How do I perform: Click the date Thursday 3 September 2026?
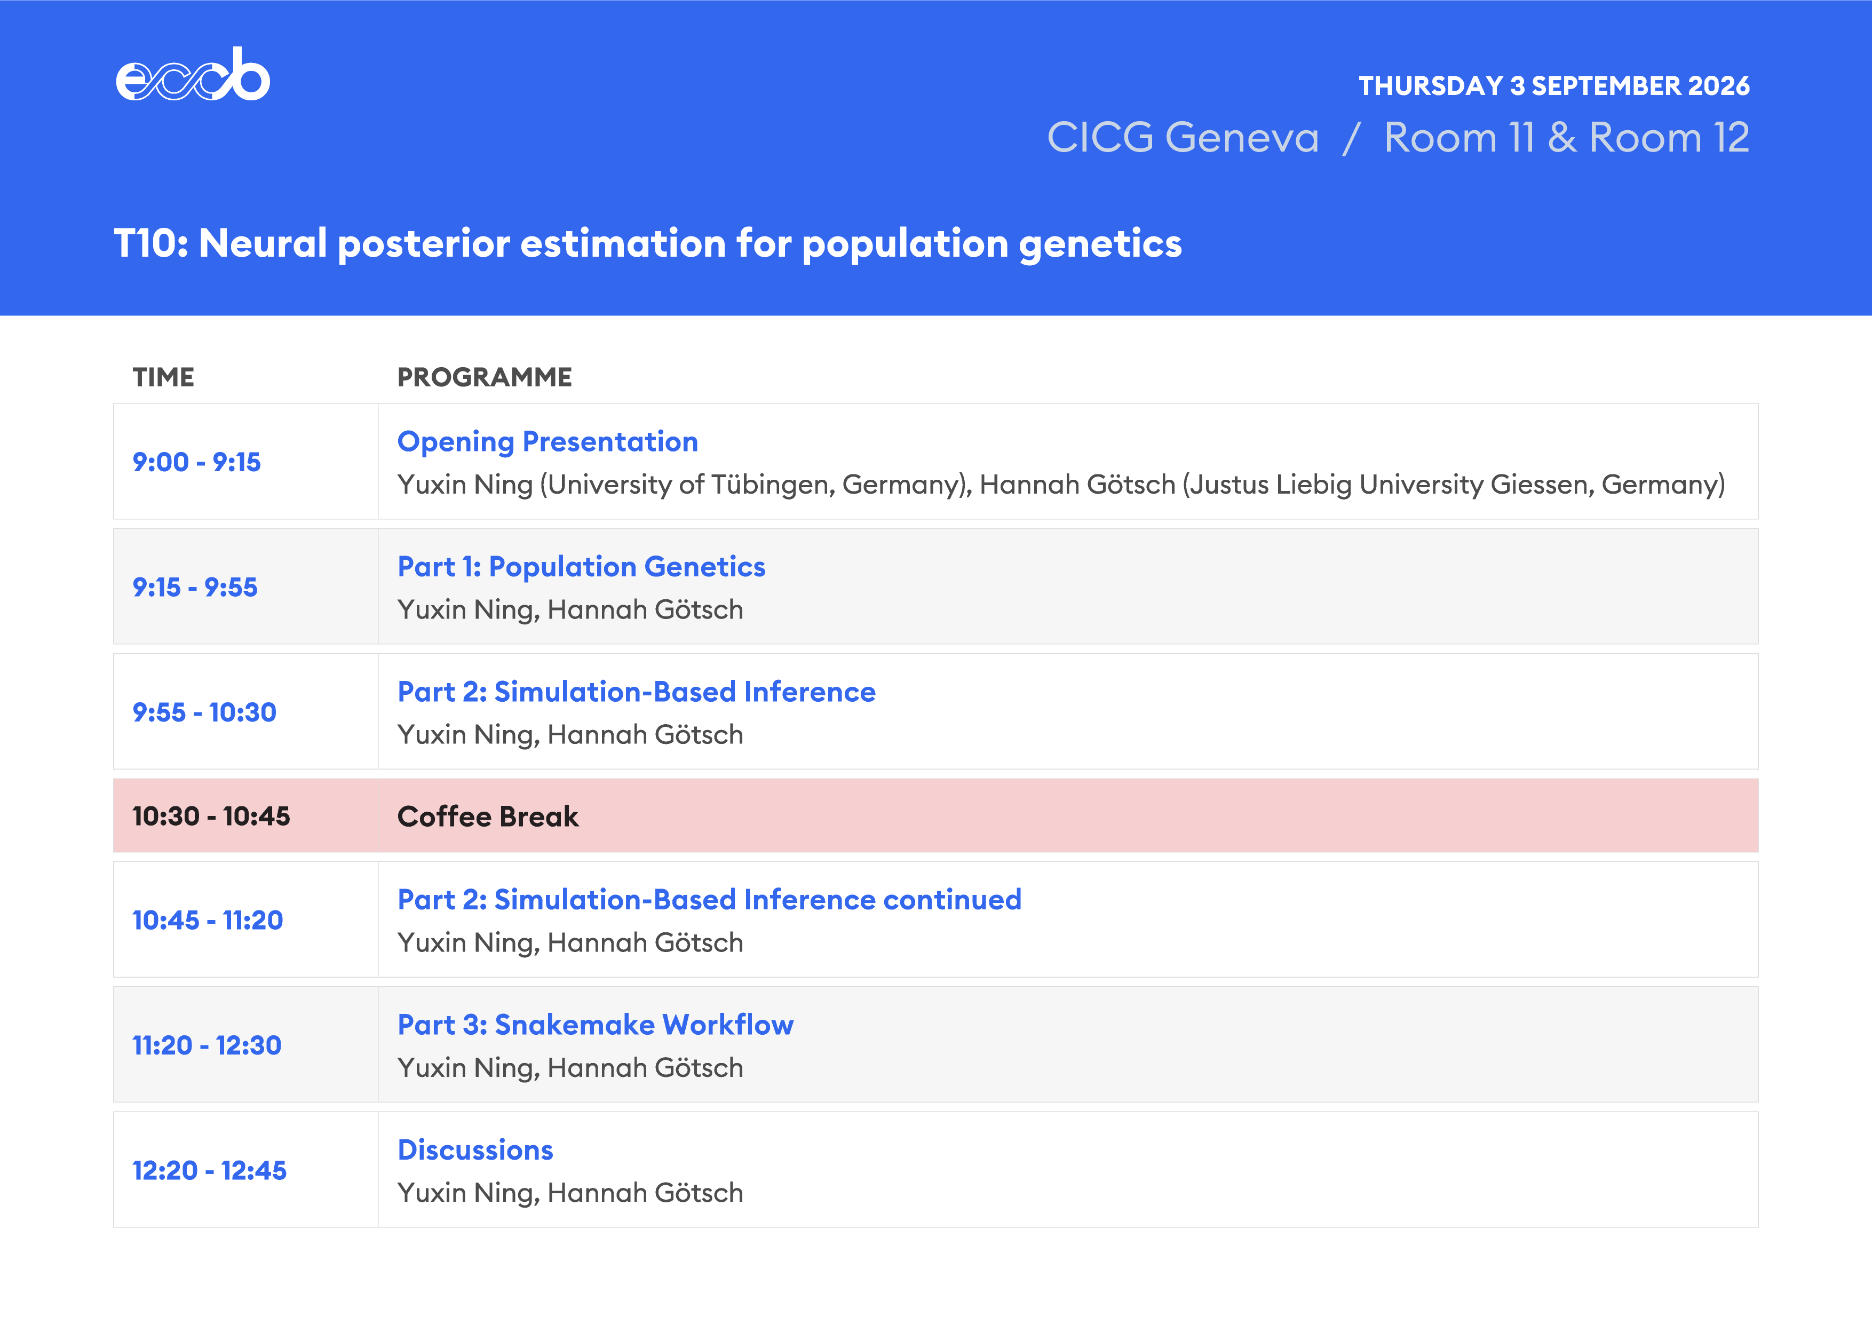pyautogui.click(x=1554, y=85)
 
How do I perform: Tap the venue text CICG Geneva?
pyautogui.click(x=1182, y=137)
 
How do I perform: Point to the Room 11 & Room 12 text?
pyautogui.click(x=1566, y=137)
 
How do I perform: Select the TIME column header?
pyautogui.click(x=163, y=377)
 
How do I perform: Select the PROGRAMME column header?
pyautogui.click(x=485, y=377)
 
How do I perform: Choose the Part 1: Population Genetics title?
pyautogui.click(x=581, y=567)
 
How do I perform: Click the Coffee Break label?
pyautogui.click(x=488, y=816)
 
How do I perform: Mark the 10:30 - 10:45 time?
pyautogui.click(x=211, y=816)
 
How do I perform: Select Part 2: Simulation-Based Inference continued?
pyautogui.click(x=709, y=899)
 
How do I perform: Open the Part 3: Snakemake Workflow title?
pyautogui.click(x=595, y=1025)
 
